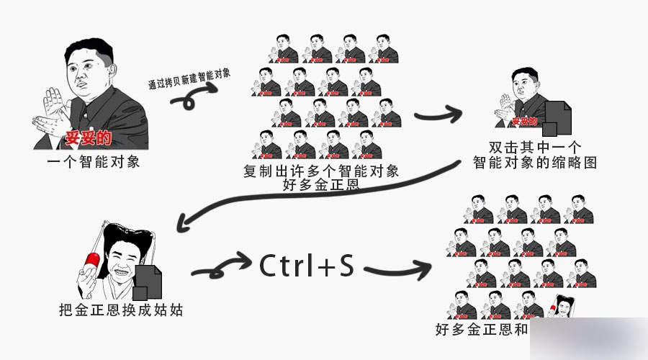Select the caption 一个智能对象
(x=94, y=161)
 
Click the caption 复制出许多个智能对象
(x=321, y=171)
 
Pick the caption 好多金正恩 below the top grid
(x=321, y=186)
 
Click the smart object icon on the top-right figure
(x=557, y=118)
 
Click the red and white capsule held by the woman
(x=91, y=261)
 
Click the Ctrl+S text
(x=307, y=266)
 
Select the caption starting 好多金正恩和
(x=482, y=330)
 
